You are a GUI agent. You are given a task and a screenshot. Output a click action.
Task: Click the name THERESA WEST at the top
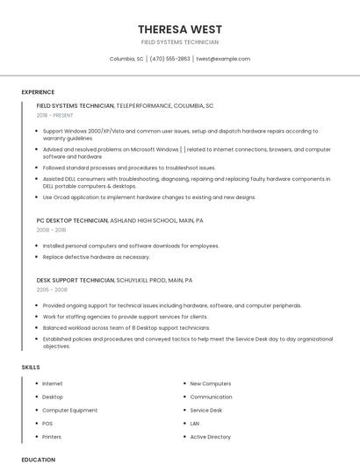point(179,29)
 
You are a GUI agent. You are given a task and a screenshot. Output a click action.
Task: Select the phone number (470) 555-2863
point(169,59)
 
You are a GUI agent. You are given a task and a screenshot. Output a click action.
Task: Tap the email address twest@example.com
point(223,59)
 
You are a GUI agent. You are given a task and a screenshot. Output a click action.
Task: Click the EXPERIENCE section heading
point(38,92)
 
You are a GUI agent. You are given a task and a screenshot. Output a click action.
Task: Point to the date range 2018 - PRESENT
point(55,115)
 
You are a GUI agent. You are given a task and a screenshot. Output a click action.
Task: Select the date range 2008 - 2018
point(51,230)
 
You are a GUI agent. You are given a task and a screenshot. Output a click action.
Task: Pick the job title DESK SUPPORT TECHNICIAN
point(76,280)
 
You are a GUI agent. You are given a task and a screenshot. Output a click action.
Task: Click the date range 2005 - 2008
point(52,290)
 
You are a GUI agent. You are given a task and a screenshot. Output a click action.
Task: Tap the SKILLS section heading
point(31,367)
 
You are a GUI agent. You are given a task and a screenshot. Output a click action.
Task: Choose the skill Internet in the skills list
point(53,383)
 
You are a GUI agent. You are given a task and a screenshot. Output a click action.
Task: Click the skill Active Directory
point(210,436)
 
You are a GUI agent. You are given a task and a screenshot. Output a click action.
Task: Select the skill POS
point(47,423)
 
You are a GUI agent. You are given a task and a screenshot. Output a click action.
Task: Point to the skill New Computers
point(211,383)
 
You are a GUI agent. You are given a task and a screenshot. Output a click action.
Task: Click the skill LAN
point(195,423)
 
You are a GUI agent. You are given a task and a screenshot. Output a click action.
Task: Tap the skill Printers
point(52,436)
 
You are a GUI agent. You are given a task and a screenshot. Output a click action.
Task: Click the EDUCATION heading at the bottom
point(38,459)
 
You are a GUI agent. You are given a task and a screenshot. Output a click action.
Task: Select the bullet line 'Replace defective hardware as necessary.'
point(97,257)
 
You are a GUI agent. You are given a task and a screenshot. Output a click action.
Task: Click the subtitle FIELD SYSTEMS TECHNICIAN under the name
point(179,42)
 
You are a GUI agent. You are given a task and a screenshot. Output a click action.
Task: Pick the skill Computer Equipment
point(70,410)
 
